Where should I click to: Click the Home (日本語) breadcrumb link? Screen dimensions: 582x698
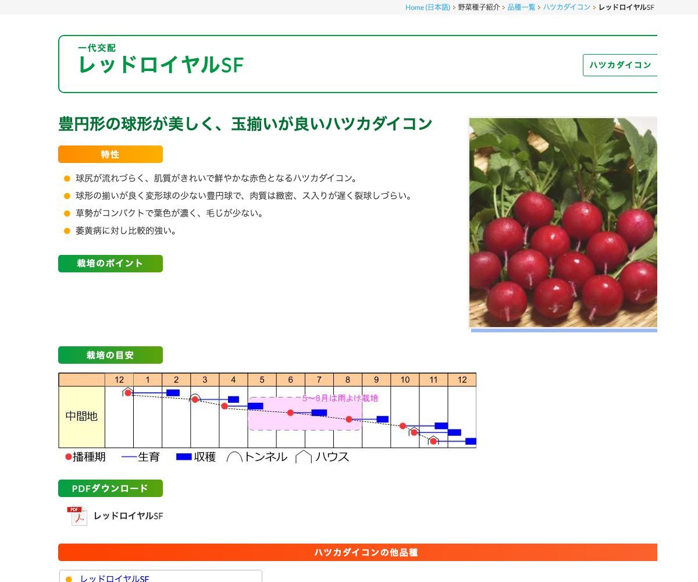[x=428, y=7]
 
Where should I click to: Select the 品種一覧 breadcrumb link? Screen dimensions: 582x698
[x=521, y=7]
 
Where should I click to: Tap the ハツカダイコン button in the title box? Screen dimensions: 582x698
[x=620, y=65]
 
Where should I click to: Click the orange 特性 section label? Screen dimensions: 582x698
[x=110, y=154]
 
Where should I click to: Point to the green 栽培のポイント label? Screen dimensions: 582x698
[x=110, y=264]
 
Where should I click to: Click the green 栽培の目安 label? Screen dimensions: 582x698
[x=110, y=355]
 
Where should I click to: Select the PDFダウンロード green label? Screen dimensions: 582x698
[x=110, y=488]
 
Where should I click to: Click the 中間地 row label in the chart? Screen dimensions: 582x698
[x=81, y=416]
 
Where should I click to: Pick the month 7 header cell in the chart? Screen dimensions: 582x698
[x=319, y=379]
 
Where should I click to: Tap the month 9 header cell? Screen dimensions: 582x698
[x=376, y=379]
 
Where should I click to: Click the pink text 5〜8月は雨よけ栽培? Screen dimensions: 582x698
[x=340, y=398]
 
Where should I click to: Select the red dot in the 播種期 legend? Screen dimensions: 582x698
[x=68, y=457]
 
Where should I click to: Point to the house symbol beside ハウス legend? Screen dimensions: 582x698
[x=304, y=457]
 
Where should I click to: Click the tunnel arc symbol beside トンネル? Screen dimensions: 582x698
[x=234, y=457]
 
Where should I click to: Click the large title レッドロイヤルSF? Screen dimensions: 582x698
[x=161, y=65]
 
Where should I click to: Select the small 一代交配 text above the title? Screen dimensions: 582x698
[x=97, y=48]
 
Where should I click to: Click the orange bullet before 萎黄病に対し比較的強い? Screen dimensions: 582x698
[x=67, y=230]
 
